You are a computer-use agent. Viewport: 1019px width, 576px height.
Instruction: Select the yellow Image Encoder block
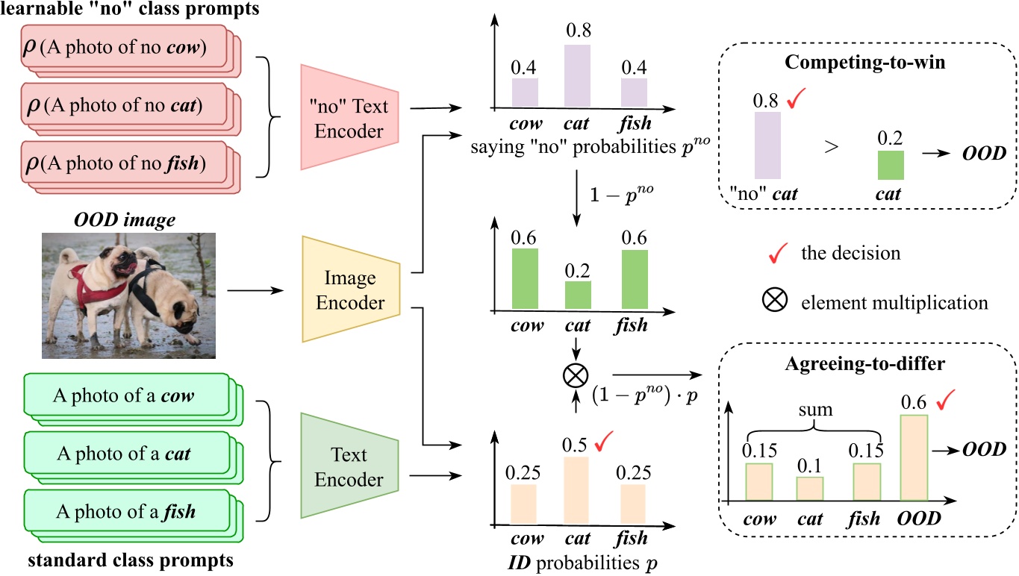(x=351, y=290)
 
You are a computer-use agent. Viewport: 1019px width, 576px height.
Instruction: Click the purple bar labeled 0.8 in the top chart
(x=576, y=75)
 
